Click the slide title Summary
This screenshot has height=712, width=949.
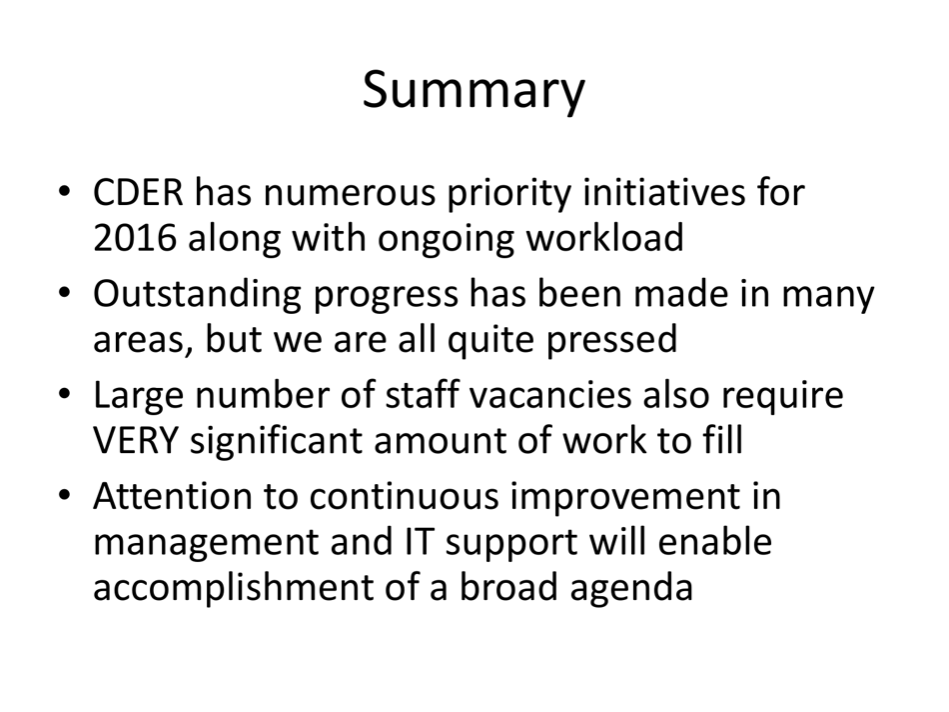(x=474, y=90)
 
